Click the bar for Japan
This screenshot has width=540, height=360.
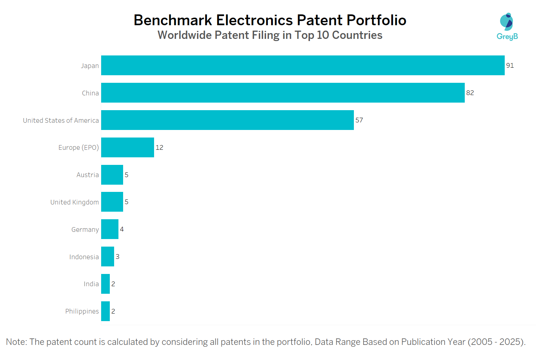302,65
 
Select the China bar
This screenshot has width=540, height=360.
283,93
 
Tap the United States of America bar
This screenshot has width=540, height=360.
227,120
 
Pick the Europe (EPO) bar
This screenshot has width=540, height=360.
127,147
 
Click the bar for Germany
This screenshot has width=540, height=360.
109,229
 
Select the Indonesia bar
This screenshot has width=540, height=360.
107,256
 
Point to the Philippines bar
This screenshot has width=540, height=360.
105,311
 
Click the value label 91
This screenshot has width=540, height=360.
510,66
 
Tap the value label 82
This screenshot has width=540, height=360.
470,93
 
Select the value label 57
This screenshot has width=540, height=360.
359,120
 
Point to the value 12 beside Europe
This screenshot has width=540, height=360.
159,148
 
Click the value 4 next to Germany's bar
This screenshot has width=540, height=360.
122,229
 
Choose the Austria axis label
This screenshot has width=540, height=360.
87,175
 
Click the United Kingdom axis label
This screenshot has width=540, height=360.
75,202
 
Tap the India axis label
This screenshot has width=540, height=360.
91,284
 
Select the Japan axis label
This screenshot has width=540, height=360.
90,66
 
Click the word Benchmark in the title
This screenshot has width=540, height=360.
173,20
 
